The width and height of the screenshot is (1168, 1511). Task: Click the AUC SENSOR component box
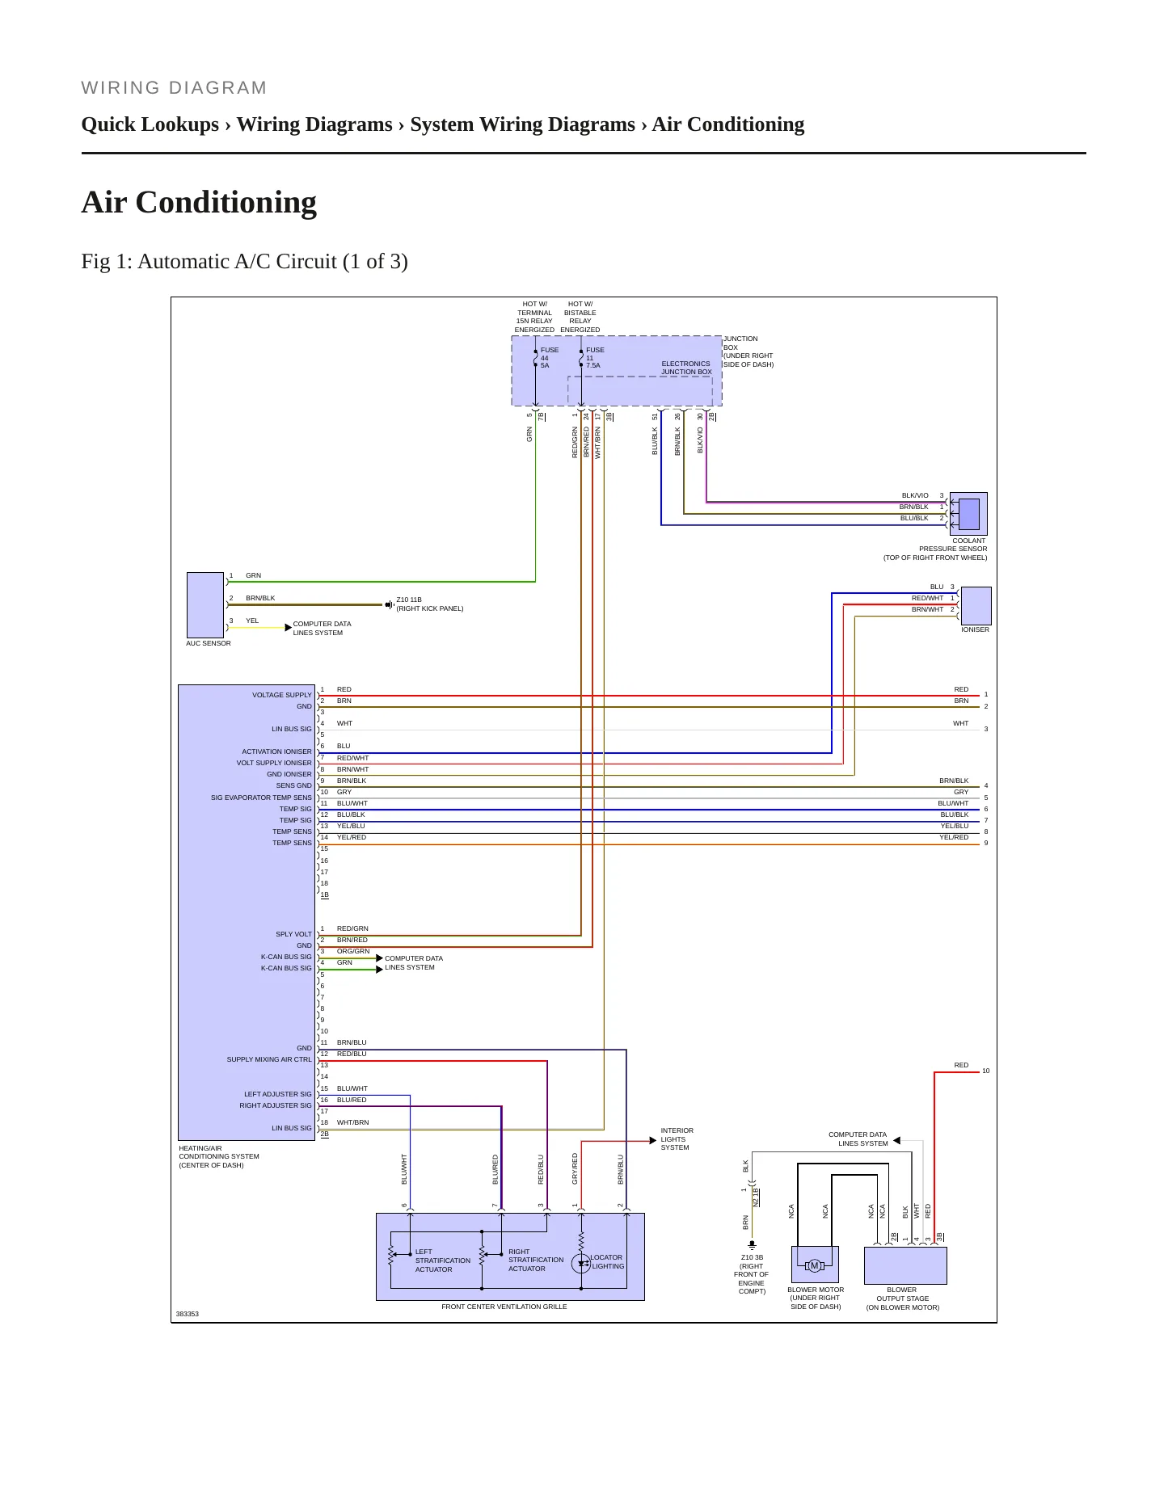point(205,605)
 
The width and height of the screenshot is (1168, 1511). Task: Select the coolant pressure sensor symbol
point(968,514)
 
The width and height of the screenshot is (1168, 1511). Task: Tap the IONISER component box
point(976,605)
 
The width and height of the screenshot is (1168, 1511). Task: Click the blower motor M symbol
point(815,1265)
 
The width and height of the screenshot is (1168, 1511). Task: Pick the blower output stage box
point(905,1265)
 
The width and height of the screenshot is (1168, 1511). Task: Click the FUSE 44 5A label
point(550,358)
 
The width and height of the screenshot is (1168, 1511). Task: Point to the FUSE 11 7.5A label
point(595,358)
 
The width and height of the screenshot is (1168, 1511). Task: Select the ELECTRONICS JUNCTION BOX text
point(686,368)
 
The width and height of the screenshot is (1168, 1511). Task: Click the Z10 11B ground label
point(429,604)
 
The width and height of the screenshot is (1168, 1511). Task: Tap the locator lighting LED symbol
point(581,1264)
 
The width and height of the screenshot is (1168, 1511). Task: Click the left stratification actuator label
point(442,1261)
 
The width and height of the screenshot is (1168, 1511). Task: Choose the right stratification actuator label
point(536,1260)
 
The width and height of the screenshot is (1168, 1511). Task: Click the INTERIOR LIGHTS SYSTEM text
point(677,1139)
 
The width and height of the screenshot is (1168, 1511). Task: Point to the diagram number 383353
point(188,1314)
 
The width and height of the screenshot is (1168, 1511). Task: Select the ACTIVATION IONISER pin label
point(276,751)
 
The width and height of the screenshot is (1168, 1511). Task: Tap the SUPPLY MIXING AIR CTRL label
point(269,1059)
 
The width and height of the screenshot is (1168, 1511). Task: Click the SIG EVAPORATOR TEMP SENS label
point(261,798)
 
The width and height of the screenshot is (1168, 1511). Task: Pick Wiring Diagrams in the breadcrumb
point(314,124)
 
